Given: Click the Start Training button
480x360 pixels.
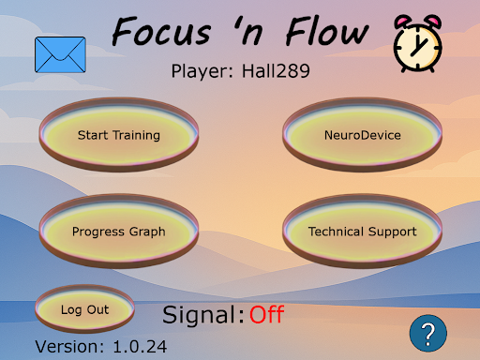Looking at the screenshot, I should tap(119, 135).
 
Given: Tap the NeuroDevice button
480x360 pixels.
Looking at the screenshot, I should tap(362, 135).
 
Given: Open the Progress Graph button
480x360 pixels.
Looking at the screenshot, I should tap(119, 231).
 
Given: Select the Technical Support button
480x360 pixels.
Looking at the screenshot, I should tap(362, 231).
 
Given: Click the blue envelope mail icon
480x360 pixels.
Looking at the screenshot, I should tap(60, 54).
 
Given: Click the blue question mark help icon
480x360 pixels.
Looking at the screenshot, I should tap(427, 333).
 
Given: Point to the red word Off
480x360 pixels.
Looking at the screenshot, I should tap(266, 314).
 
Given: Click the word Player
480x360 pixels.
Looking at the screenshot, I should tap(200, 70).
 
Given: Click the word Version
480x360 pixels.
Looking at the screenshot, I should tap(70, 346).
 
